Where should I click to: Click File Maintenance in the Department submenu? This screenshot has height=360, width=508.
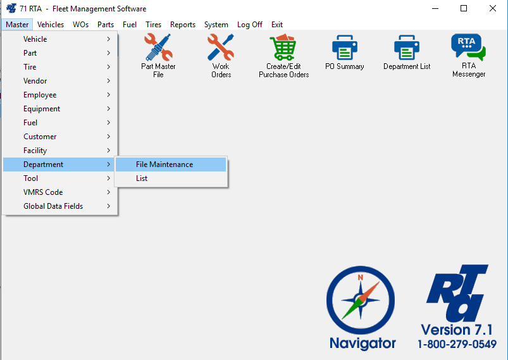164,164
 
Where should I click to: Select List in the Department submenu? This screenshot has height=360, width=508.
142,178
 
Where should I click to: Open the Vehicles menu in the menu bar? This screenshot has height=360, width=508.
51,25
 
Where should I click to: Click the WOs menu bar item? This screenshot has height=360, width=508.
80,25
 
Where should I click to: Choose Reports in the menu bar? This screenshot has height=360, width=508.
183,25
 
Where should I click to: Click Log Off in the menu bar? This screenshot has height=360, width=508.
249,25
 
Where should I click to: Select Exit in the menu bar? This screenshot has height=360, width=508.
277,25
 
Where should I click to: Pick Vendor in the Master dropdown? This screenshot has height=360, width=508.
35,81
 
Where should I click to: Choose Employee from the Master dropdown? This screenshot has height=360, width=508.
40,95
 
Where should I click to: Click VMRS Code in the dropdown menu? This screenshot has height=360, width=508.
43,192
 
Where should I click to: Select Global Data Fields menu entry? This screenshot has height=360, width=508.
53,206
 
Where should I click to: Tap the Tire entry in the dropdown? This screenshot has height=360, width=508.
30,67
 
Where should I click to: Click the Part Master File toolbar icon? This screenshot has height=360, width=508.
158,48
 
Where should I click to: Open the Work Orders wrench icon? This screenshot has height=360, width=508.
221,48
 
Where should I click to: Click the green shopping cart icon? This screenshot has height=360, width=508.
283,48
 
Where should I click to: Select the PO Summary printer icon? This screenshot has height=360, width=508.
345,48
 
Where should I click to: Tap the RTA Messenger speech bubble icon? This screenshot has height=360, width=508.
468,48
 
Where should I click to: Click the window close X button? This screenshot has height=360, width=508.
493,9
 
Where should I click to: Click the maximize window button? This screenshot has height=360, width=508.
464,9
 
